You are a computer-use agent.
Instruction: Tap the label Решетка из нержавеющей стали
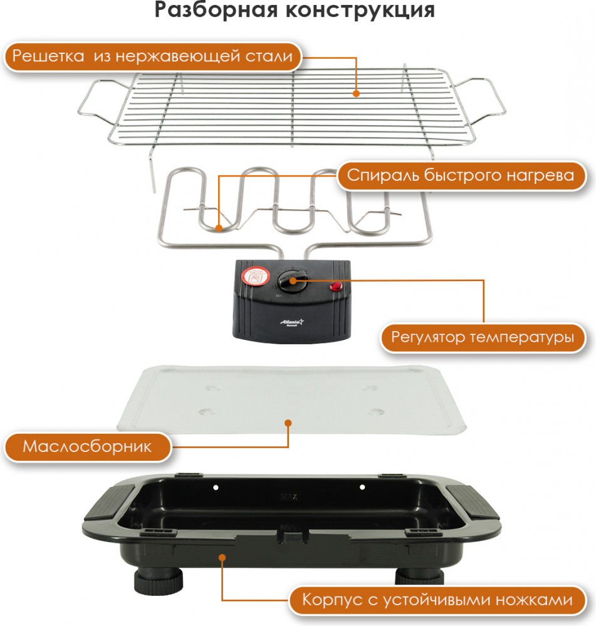152,57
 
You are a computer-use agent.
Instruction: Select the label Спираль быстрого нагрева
460,176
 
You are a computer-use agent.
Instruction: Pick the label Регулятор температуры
483,338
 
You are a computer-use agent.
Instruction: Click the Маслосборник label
87,448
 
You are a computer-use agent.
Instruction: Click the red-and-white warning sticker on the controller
255,276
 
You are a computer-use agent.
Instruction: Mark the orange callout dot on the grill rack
356,94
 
